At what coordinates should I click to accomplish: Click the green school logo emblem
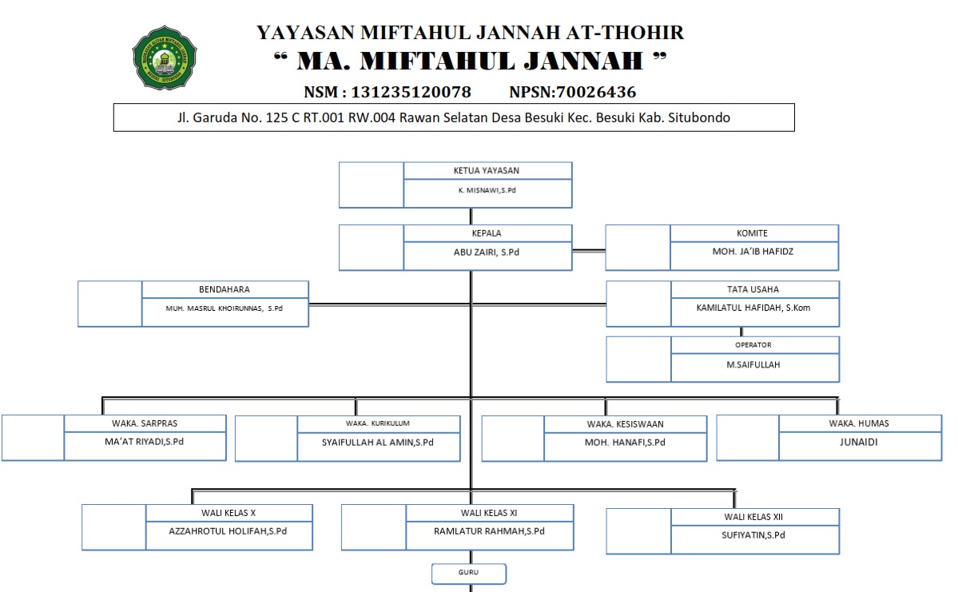pyautogui.click(x=165, y=57)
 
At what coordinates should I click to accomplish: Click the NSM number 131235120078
pyautogui.click(x=411, y=92)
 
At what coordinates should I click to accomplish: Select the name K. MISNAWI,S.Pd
pyautogui.click(x=487, y=191)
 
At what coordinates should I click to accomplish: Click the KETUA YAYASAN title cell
pyautogui.click(x=487, y=170)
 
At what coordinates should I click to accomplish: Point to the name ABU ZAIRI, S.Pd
pyautogui.click(x=487, y=251)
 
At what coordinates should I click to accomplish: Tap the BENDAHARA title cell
pyautogui.click(x=225, y=289)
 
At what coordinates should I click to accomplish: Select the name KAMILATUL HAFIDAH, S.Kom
pyautogui.click(x=741, y=308)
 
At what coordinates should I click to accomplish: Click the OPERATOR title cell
pyautogui.click(x=753, y=345)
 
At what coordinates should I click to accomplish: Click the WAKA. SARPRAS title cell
pyautogui.click(x=145, y=423)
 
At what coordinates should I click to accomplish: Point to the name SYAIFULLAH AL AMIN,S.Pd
pyautogui.click(x=378, y=442)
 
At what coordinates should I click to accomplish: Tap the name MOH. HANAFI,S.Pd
pyautogui.click(x=625, y=442)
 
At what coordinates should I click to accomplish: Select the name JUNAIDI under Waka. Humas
pyautogui.click(x=859, y=442)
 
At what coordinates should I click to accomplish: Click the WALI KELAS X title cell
pyautogui.click(x=228, y=513)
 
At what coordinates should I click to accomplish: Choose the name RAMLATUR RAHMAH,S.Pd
pyautogui.click(x=489, y=531)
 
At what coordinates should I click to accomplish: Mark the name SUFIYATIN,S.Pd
pyautogui.click(x=753, y=535)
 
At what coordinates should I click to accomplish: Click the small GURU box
pyautogui.click(x=469, y=573)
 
